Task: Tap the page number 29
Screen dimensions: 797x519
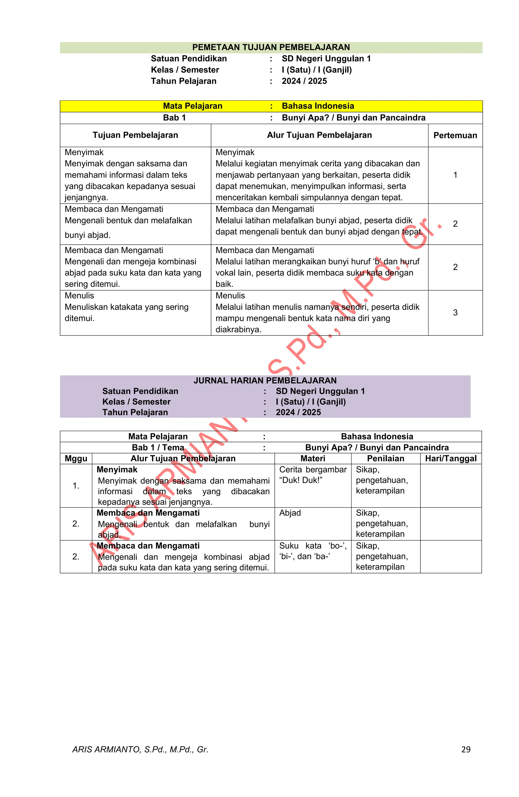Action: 466,749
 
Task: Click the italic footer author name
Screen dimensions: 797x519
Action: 140,749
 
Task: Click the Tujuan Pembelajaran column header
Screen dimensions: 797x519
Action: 135,135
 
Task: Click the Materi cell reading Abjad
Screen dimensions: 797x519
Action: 290,513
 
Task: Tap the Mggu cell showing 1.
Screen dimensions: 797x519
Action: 76,486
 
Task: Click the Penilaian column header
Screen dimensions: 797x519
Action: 385,458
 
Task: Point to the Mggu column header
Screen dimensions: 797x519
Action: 76,458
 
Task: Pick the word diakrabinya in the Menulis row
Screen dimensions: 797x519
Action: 238,329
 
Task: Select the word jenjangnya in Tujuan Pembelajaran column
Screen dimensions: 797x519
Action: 86,198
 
